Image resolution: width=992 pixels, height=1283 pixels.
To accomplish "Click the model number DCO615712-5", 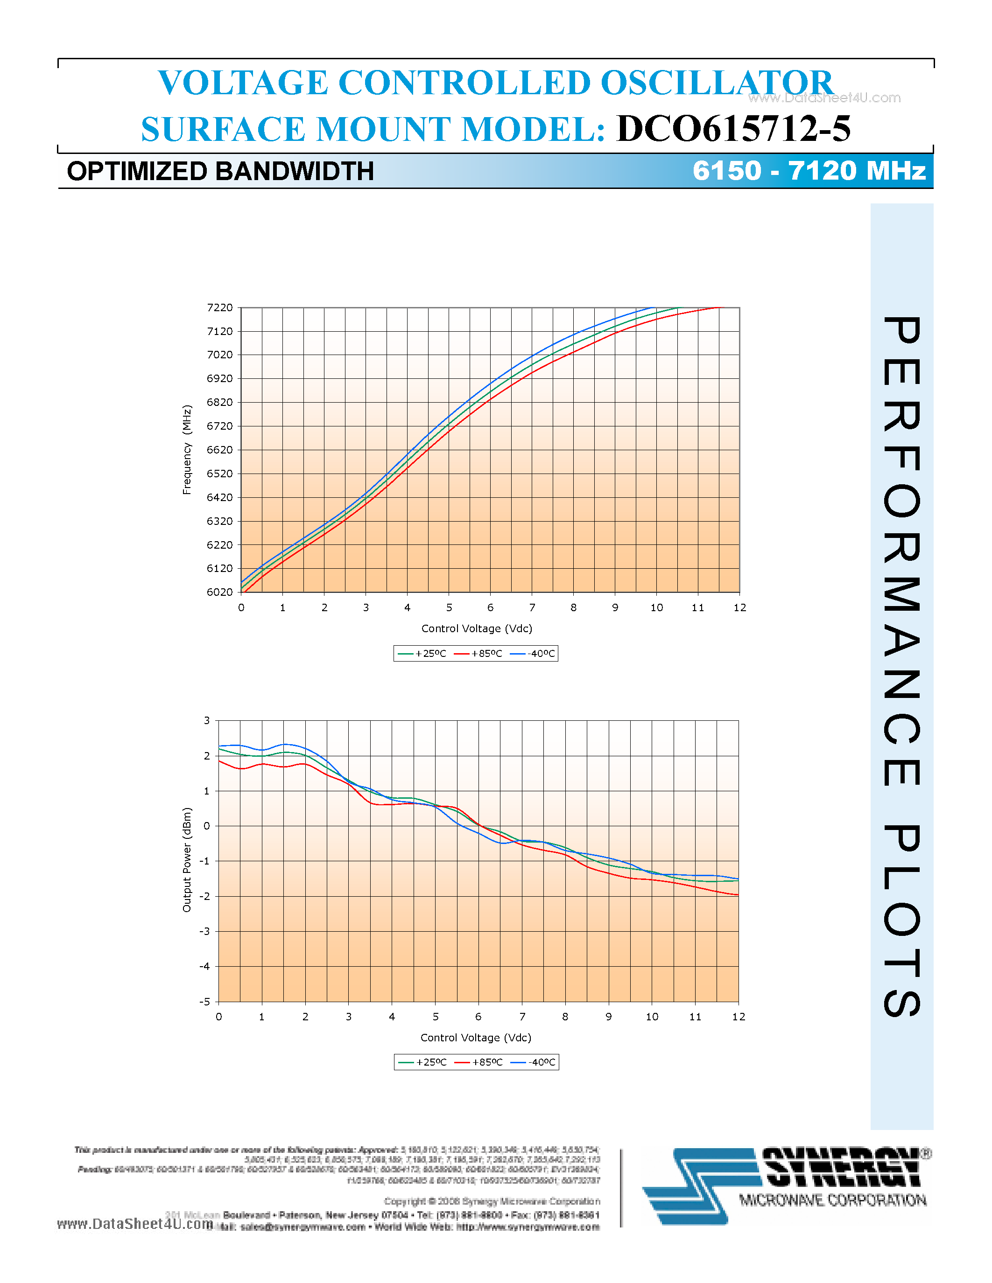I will (733, 129).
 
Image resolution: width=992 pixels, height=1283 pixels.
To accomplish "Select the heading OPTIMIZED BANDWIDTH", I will (220, 172).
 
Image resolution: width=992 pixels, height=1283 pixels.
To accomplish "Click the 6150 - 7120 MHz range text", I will (809, 170).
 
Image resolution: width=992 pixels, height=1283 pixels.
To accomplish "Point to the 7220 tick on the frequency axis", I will (220, 308).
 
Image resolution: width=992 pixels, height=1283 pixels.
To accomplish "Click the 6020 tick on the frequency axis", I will (220, 592).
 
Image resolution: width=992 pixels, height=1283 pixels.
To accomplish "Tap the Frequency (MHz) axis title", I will (187, 449).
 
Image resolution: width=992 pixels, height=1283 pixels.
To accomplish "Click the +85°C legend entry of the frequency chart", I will (479, 653).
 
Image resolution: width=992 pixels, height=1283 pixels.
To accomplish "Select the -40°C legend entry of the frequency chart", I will (534, 653).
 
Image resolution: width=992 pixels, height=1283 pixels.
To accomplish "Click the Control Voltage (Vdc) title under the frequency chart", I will (477, 628).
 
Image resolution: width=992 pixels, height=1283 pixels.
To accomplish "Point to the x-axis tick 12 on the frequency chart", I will (739, 608).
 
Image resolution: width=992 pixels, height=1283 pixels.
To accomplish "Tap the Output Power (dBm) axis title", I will (187, 859).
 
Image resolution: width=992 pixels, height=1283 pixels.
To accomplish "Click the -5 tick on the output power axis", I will (204, 1002).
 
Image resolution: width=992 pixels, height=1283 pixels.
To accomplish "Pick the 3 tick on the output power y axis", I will (207, 720).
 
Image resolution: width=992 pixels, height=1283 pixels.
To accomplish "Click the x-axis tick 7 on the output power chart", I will (522, 1017).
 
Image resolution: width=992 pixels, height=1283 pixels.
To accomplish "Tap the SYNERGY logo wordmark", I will (842, 1167).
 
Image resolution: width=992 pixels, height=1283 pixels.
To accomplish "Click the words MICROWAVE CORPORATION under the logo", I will (833, 1200).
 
